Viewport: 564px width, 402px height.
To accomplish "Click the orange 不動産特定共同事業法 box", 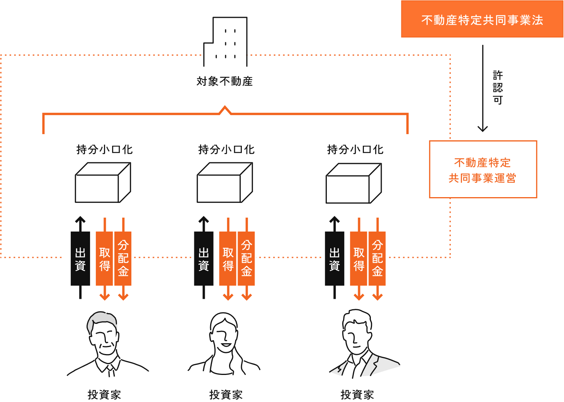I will [482, 19].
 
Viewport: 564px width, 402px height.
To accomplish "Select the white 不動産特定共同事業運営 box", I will [482, 169].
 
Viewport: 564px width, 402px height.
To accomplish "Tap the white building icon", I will [225, 43].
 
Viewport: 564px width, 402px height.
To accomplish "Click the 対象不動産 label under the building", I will [224, 81].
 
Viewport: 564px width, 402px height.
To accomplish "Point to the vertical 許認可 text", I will [498, 87].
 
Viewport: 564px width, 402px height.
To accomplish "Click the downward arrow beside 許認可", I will [482, 89].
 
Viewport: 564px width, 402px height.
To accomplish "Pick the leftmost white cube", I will [103, 183].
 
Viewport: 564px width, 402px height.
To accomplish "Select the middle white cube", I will [224, 183].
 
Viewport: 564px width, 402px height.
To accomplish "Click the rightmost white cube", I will [353, 184].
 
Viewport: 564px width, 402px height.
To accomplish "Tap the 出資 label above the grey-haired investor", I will [80, 259].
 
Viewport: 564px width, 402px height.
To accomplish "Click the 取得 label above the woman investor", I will [228, 259].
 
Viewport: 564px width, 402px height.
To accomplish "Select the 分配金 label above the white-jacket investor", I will [377, 258].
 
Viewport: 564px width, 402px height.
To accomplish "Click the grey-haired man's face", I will [104, 336].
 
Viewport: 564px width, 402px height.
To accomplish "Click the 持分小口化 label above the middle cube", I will [226, 150].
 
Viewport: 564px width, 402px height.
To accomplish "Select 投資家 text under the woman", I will [226, 395].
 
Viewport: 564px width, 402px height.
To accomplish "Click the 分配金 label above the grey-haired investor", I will [123, 258].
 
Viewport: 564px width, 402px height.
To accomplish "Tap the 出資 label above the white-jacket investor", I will [335, 259].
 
